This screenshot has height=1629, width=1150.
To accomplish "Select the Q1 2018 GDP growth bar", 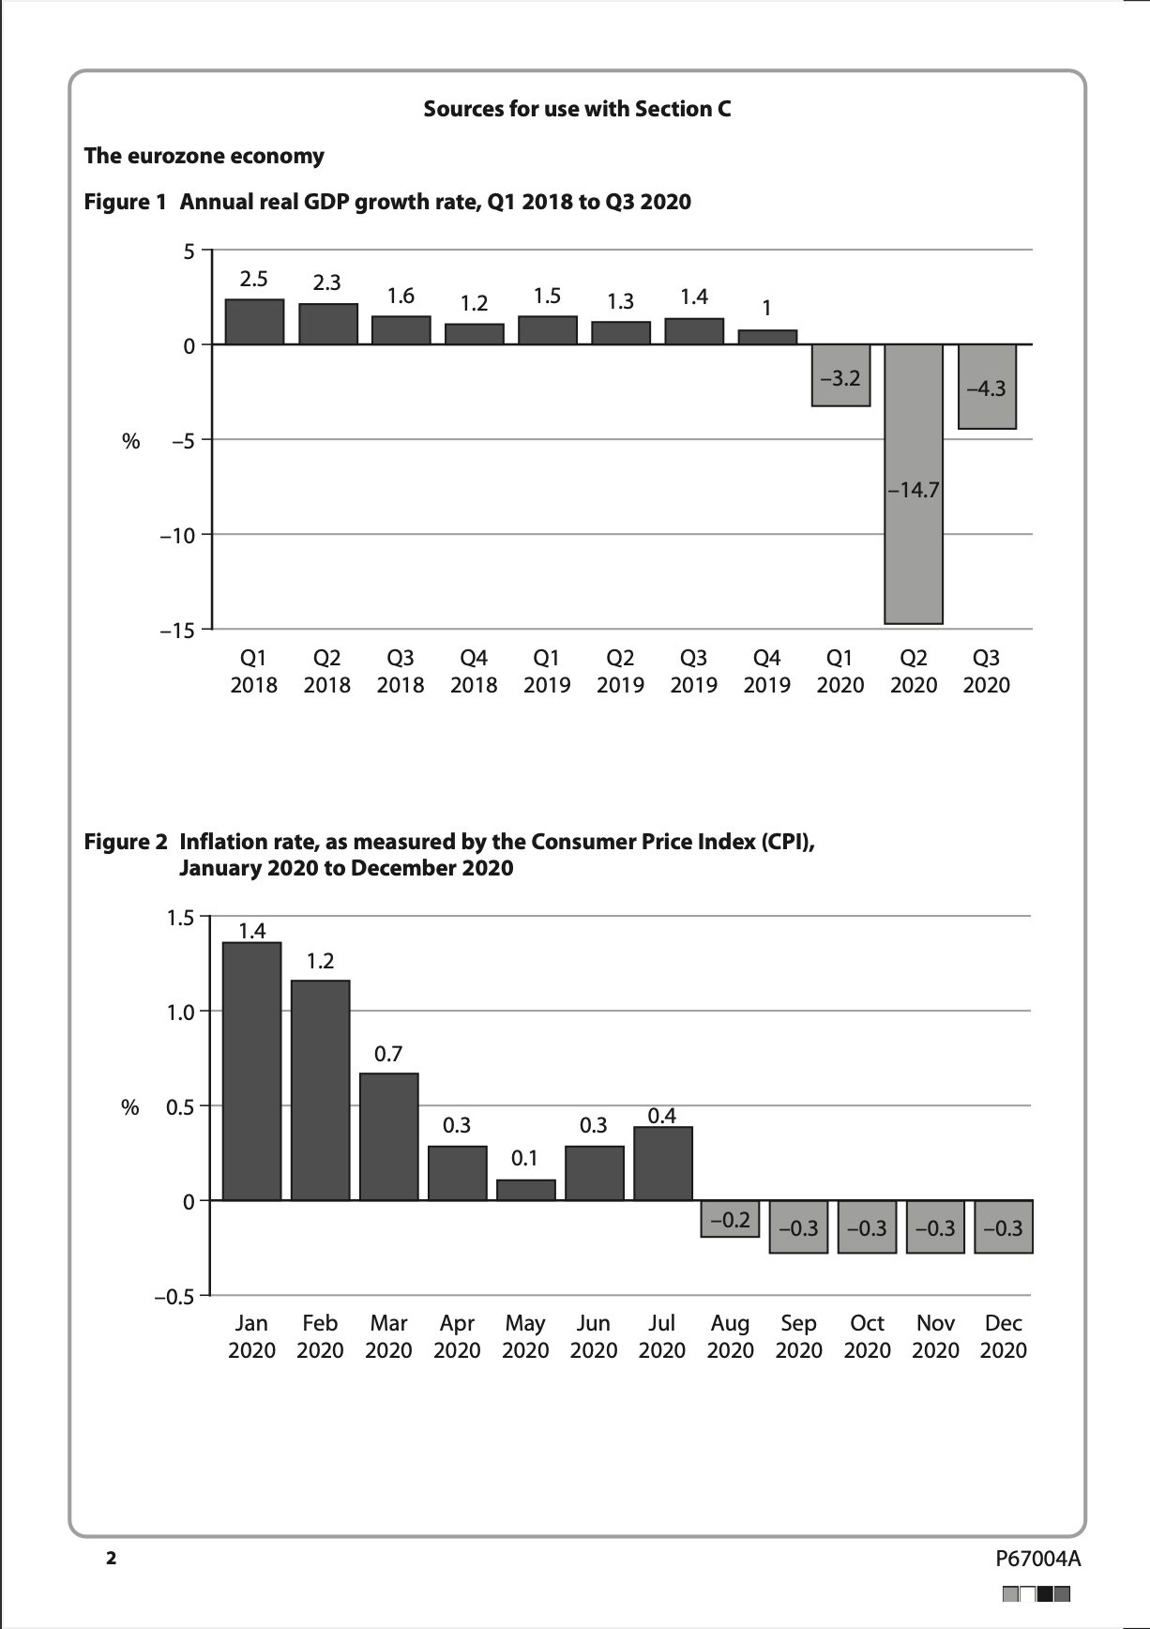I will [x=254, y=322].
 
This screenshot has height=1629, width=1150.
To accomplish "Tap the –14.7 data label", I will [x=914, y=490].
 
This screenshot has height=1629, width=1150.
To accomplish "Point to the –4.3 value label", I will [x=987, y=388].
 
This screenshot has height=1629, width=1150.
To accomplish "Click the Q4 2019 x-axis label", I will [x=767, y=672].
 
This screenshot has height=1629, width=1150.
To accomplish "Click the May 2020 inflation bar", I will [x=525, y=1190].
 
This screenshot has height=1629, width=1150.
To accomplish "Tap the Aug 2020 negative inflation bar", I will [x=730, y=1219].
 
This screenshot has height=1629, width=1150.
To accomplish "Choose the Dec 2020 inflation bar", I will [x=1004, y=1227].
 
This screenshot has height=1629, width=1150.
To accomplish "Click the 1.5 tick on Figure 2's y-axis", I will [x=180, y=918].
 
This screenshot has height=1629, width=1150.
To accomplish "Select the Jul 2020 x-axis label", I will [x=662, y=1337].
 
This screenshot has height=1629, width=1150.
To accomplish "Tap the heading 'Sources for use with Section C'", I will [x=577, y=109].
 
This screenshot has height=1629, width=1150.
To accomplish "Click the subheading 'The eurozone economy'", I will [x=204, y=156].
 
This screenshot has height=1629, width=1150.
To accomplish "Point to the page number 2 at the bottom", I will [x=111, y=1560].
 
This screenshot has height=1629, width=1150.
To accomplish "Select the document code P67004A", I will [x=1037, y=1560].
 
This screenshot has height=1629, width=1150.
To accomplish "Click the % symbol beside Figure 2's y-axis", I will [x=130, y=1107].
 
